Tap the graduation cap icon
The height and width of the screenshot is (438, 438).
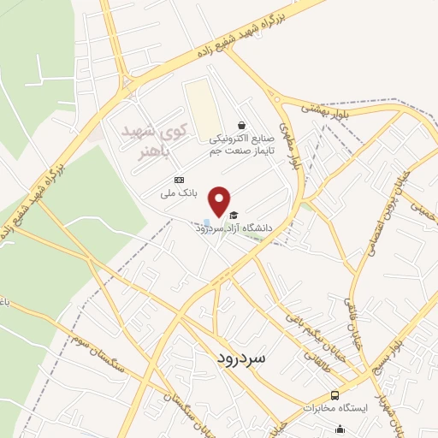(234, 215)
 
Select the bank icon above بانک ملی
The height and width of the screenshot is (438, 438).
(178, 180)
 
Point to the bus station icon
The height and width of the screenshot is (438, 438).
(334, 394)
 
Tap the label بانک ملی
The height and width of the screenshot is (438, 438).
(181, 193)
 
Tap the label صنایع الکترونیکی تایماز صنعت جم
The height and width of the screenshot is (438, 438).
(240, 142)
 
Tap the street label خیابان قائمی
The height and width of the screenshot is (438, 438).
(350, 318)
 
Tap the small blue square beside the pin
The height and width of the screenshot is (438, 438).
(207, 222)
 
